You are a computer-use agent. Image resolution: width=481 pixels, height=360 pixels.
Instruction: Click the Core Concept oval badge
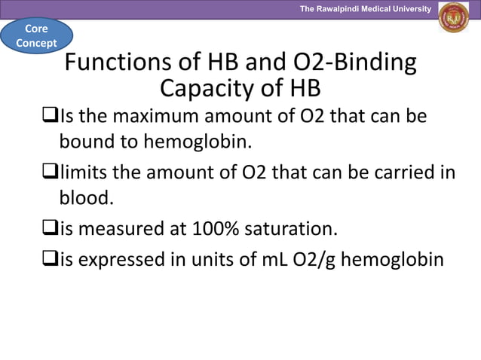36,35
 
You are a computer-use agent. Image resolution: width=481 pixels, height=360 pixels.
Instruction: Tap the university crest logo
453,18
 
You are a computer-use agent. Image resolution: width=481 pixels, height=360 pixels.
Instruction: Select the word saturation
295,227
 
